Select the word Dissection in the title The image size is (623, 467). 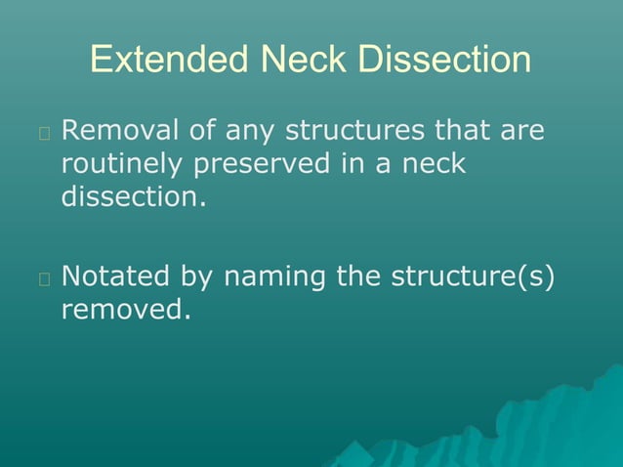coord(445,61)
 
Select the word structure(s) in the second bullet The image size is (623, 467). coord(473,276)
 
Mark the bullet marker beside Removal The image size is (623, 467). coord(44,132)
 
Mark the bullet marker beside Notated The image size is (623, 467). coord(44,278)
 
